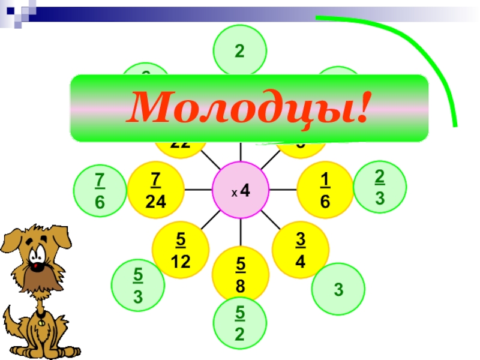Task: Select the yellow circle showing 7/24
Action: [156, 190]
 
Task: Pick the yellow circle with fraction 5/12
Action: [181, 250]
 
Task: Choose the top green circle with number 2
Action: [239, 52]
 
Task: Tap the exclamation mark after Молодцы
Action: [361, 107]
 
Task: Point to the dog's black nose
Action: [38, 262]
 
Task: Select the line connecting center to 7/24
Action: [199, 190]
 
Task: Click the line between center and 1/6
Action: [283, 190]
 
